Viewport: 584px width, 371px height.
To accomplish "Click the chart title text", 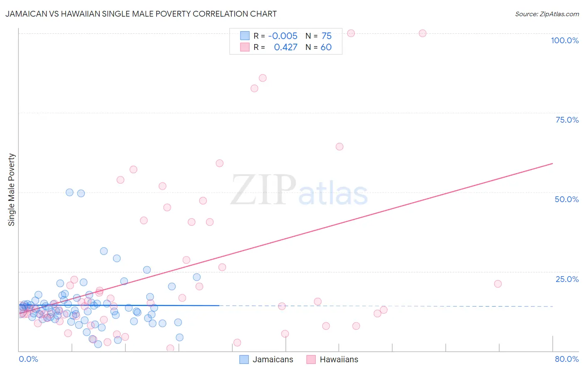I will point(141,14).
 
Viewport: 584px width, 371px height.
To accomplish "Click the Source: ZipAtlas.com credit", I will point(547,14).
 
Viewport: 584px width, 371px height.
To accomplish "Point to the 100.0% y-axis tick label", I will point(564,40).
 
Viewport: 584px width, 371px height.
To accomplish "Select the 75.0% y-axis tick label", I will point(567,120).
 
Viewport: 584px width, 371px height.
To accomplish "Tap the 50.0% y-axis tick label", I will point(567,199).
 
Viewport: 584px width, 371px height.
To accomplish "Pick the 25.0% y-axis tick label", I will point(567,279).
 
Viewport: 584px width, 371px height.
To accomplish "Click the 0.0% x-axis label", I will point(28,359).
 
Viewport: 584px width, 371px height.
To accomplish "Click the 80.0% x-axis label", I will point(567,359).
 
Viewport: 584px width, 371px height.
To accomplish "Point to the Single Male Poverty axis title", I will point(12,190).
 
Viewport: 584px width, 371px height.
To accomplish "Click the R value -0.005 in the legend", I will point(282,36).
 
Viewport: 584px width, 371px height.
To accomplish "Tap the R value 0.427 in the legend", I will point(285,47).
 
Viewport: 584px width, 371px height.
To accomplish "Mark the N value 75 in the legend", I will point(326,36).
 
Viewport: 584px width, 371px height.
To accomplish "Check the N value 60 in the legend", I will point(326,47).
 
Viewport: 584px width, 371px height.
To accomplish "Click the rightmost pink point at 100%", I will point(422,33).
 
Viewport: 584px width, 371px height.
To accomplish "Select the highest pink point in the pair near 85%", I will point(263,78).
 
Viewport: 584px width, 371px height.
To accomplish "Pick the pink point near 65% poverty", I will point(339,146).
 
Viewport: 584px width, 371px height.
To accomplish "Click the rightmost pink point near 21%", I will point(498,284).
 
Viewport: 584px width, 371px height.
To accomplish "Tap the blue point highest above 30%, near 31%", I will point(104,251).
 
